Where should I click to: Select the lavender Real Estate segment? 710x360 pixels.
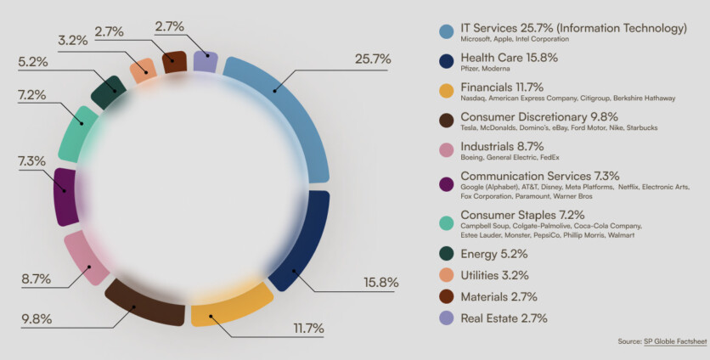205,62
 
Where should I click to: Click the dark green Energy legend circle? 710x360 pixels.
444,253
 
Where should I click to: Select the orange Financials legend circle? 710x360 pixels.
444,90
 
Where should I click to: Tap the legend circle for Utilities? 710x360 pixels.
444,275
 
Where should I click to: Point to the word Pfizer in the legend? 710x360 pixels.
471,69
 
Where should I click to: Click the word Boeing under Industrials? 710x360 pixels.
473,157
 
